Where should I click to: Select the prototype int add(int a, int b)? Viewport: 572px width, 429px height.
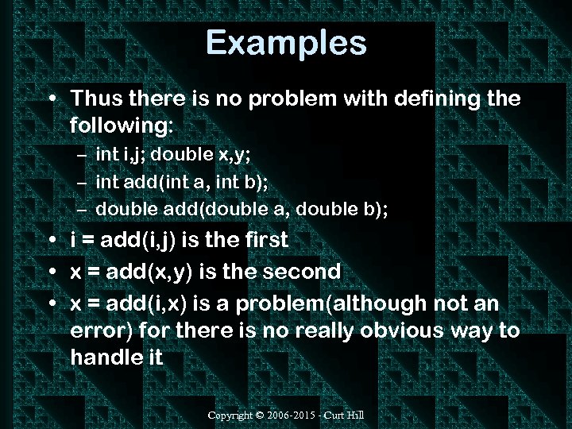pos(182,183)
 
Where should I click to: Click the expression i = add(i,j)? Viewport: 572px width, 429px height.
pos(131,240)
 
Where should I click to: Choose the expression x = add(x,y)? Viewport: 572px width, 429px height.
pos(139,272)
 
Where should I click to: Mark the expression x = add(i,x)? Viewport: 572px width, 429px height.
pos(137,303)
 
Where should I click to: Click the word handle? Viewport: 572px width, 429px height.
pos(106,357)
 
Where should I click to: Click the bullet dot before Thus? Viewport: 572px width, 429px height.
pos(51,100)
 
